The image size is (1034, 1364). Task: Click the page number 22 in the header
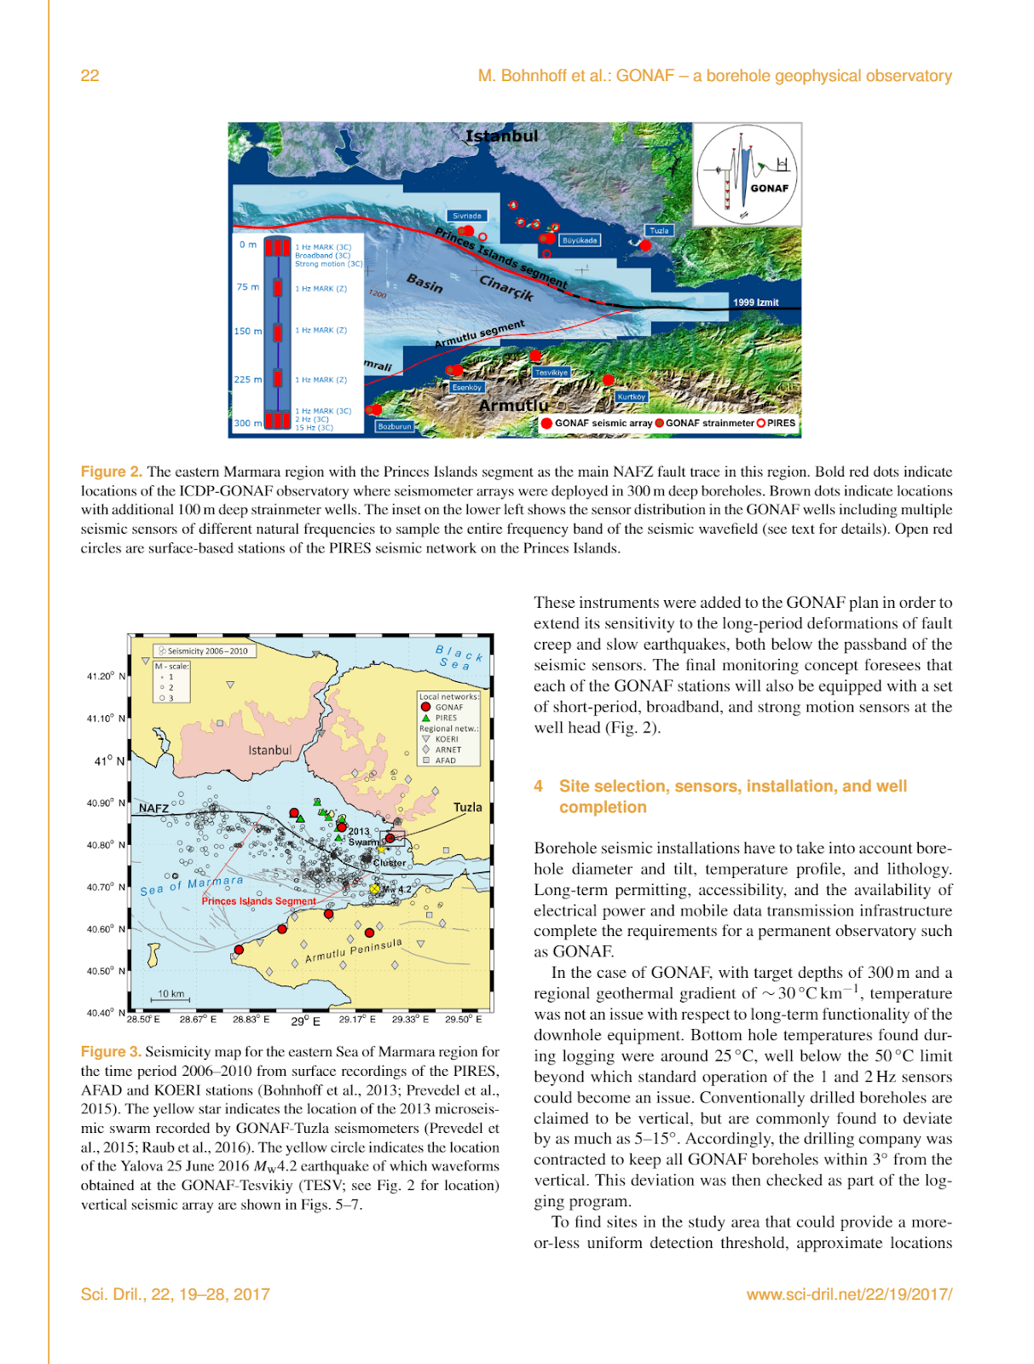coord(90,76)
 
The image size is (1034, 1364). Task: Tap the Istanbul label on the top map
coord(501,136)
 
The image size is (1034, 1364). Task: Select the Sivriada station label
coord(467,217)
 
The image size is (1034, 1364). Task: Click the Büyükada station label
coord(580,240)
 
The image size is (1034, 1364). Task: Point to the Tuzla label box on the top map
coord(660,230)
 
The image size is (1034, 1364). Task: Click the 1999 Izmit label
coord(755,303)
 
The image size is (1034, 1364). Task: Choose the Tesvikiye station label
coord(551,373)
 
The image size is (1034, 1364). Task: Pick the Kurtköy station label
coord(632,396)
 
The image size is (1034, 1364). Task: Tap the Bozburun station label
coord(395,426)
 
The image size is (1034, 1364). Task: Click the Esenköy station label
coord(467,387)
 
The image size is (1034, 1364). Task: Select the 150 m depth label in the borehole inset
coord(248,332)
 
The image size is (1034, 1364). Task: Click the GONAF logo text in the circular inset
coord(769,188)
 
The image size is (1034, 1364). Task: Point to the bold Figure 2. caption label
coord(112,471)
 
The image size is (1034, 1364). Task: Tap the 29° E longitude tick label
coord(305,1020)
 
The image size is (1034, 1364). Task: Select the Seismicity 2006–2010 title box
coord(205,651)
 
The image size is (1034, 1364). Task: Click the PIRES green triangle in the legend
coord(425,718)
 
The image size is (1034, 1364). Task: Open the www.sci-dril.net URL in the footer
coord(849,1294)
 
